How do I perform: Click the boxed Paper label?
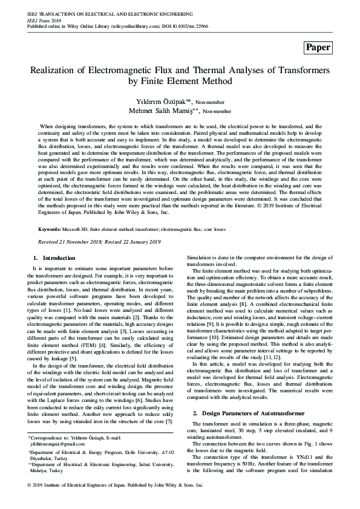point(318,47)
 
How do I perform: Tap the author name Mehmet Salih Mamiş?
point(163,111)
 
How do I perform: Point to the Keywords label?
point(50,230)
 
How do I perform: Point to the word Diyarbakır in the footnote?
point(43,458)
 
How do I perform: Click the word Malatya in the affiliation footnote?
point(41,470)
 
